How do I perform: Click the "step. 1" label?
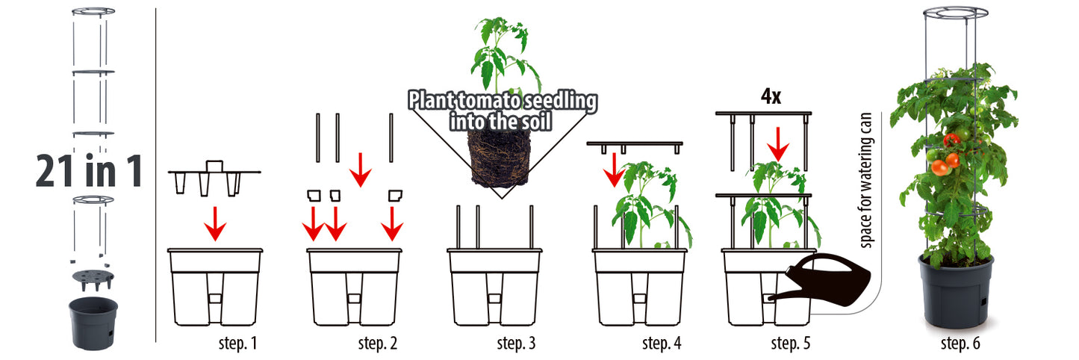[x=238, y=343]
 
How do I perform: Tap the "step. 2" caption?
[x=378, y=343]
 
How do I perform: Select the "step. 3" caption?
[x=517, y=343]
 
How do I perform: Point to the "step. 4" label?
[x=662, y=343]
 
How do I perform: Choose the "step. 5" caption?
[x=791, y=343]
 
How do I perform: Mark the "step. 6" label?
[x=960, y=343]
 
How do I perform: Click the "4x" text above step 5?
[x=771, y=96]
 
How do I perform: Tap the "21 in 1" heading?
[x=89, y=171]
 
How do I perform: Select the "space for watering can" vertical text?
[x=865, y=180]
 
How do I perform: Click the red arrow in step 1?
[x=215, y=223]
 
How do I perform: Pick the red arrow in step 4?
[x=614, y=170]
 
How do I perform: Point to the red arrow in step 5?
[x=777, y=144]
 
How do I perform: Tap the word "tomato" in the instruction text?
[x=488, y=101]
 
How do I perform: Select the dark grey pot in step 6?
[x=956, y=292]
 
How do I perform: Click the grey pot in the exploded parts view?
[x=93, y=322]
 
